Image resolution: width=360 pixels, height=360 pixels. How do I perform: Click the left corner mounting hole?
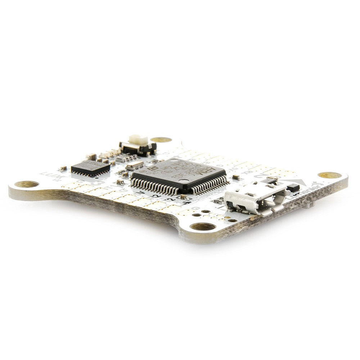[26, 184]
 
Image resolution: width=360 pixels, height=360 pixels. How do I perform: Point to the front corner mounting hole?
[203, 226]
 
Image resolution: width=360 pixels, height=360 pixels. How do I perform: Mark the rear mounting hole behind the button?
[161, 140]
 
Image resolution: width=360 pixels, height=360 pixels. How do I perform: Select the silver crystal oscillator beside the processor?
[135, 166]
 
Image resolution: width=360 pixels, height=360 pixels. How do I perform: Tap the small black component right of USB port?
[293, 187]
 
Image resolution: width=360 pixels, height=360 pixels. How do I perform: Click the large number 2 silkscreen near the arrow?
[260, 176]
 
